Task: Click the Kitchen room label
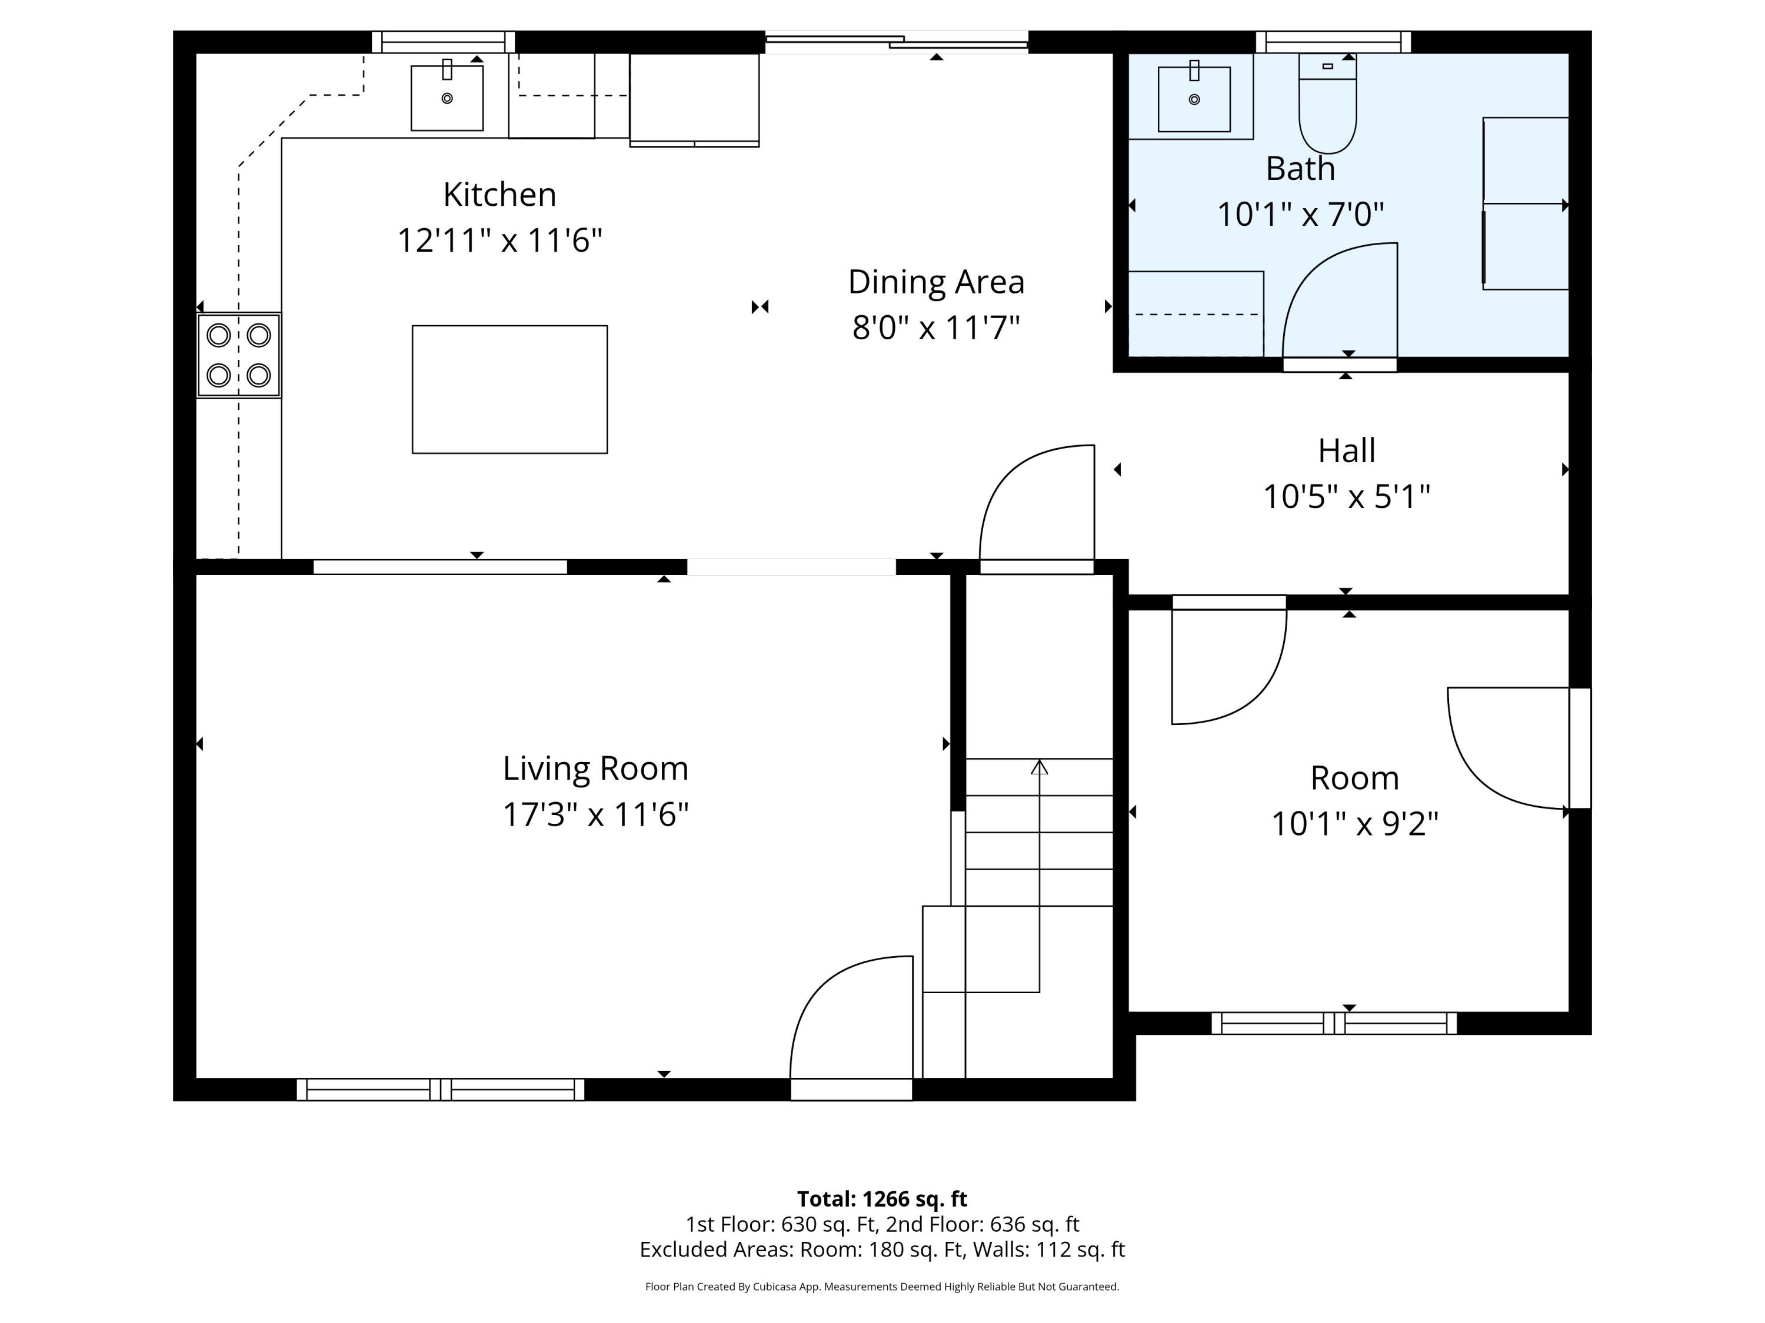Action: coord(499,195)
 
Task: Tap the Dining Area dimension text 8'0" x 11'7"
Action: coord(936,327)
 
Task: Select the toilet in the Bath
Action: coord(1328,103)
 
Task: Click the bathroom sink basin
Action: coord(1194,99)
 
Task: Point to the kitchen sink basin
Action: coord(447,98)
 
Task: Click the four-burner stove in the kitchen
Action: coord(239,355)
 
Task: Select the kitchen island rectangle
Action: coord(510,389)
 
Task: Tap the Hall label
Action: coord(1346,450)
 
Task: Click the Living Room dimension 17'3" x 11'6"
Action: coord(595,815)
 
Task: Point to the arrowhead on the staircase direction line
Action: coord(1039,767)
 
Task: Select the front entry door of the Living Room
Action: coord(851,1029)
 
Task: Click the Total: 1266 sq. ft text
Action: coord(882,1198)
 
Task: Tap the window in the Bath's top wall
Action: coord(1333,42)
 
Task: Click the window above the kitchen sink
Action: coord(443,42)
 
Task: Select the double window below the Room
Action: coord(1334,1023)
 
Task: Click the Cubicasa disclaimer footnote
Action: coord(882,1287)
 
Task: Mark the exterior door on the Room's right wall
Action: coord(1580,748)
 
